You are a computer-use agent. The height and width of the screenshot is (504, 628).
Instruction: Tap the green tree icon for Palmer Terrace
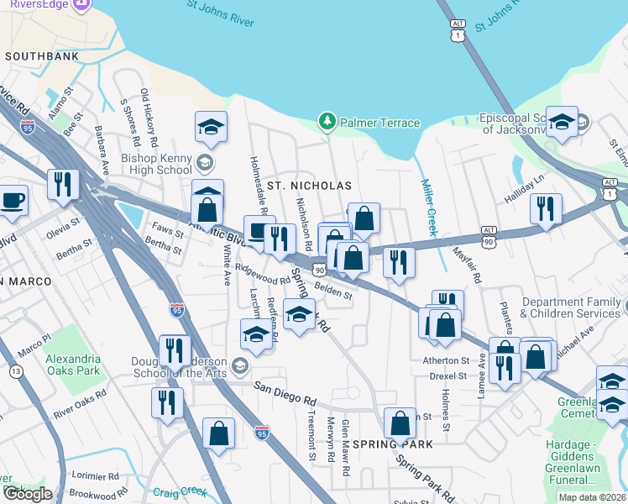[x=327, y=123]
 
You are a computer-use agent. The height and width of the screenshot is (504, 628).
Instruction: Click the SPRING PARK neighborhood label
[x=392, y=443]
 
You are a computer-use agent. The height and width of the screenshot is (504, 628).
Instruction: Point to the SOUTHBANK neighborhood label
[x=42, y=56]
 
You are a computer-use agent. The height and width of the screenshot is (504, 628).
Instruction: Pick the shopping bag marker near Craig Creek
[x=218, y=434]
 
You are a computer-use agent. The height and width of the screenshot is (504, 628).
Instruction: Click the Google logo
[x=27, y=494]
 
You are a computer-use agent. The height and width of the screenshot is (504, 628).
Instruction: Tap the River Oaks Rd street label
[x=80, y=402]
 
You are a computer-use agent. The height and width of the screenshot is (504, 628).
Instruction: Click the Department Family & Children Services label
[x=571, y=307]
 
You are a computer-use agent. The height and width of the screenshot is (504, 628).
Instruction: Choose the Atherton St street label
[x=445, y=360]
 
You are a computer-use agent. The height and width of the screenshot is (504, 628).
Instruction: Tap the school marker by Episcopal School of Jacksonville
[x=561, y=123]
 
